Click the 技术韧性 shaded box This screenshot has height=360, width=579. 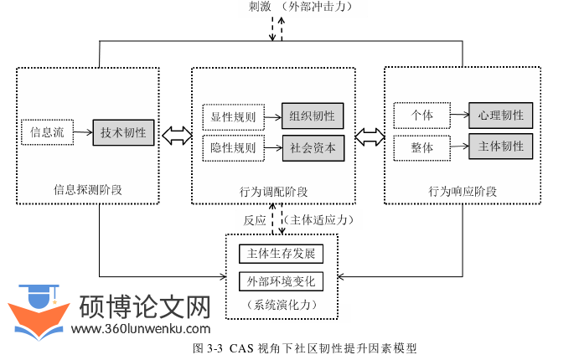pyautogui.click(x=123, y=132)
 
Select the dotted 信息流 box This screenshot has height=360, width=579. pyautogui.click(x=47, y=132)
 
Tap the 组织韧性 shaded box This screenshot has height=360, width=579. pyautogui.click(x=313, y=116)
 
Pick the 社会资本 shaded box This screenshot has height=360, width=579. pyautogui.click(x=313, y=147)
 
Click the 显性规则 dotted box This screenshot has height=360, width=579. pyautogui.click(x=233, y=116)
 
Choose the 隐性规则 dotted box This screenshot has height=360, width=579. pyautogui.click(x=233, y=147)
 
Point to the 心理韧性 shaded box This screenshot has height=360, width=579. pyautogui.click(x=500, y=115)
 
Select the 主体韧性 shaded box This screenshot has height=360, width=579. pyautogui.click(x=500, y=147)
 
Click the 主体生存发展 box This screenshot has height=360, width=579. pyautogui.click(x=280, y=253)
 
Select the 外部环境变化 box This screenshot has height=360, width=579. pyautogui.click(x=280, y=281)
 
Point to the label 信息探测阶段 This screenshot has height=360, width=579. pyautogui.click(x=87, y=189)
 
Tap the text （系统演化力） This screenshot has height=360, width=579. pyautogui.click(x=280, y=304)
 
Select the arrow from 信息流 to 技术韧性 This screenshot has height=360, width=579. pyautogui.click(x=82, y=132)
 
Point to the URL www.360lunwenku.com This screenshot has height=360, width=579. pyautogui.click(x=140, y=329)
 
